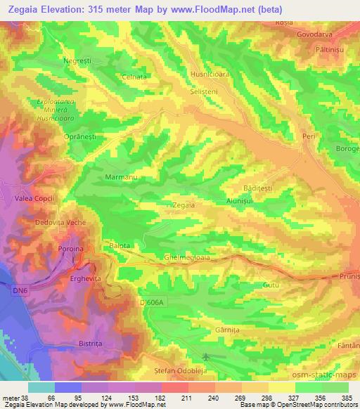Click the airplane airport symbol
click(205, 357)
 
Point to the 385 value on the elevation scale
click(347, 397)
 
